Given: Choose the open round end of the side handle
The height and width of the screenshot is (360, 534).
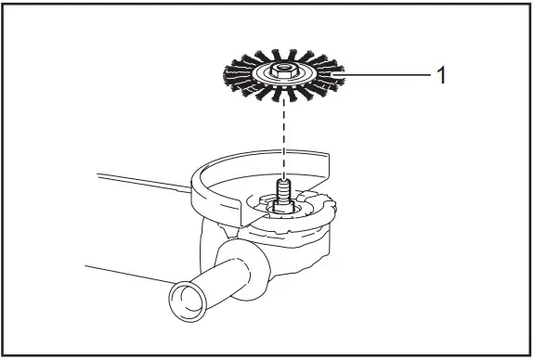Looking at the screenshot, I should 182,302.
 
